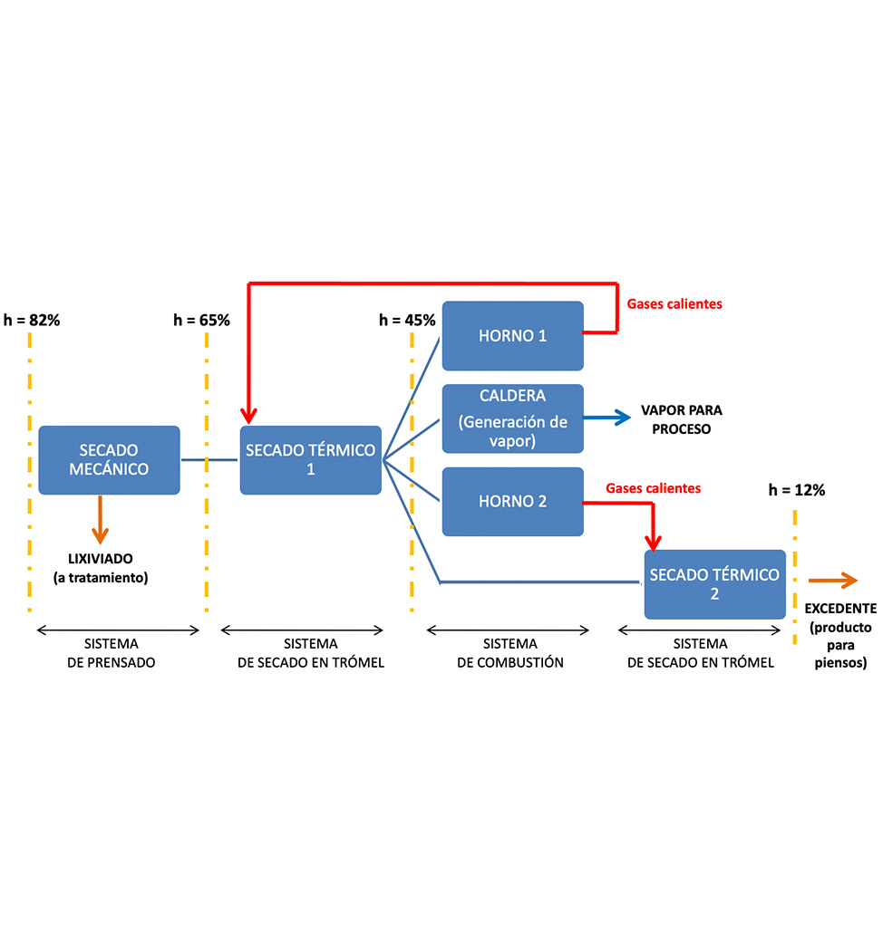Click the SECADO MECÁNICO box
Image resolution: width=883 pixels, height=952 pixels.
(109, 460)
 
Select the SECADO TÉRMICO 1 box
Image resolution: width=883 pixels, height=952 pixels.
(310, 460)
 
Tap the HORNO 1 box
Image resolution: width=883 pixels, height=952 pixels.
(512, 336)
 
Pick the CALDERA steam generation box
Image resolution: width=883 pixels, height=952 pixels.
(512, 418)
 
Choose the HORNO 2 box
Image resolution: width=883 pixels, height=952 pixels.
(512, 501)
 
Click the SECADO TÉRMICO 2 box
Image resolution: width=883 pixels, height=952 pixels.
(714, 584)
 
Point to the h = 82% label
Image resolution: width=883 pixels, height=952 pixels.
(32, 320)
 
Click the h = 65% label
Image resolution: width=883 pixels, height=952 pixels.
(201, 320)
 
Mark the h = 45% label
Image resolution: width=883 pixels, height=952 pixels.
(407, 320)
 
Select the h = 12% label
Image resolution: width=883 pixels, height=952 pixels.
(797, 490)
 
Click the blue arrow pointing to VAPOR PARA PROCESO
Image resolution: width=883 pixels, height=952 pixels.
(607, 418)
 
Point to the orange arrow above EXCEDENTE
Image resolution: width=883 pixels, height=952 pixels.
(833, 581)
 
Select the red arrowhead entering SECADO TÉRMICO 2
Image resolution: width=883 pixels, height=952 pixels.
(653, 540)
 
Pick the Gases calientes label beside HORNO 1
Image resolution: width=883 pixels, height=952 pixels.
(674, 304)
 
